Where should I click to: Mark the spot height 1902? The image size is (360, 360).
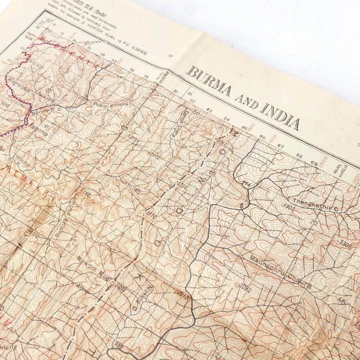289,207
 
